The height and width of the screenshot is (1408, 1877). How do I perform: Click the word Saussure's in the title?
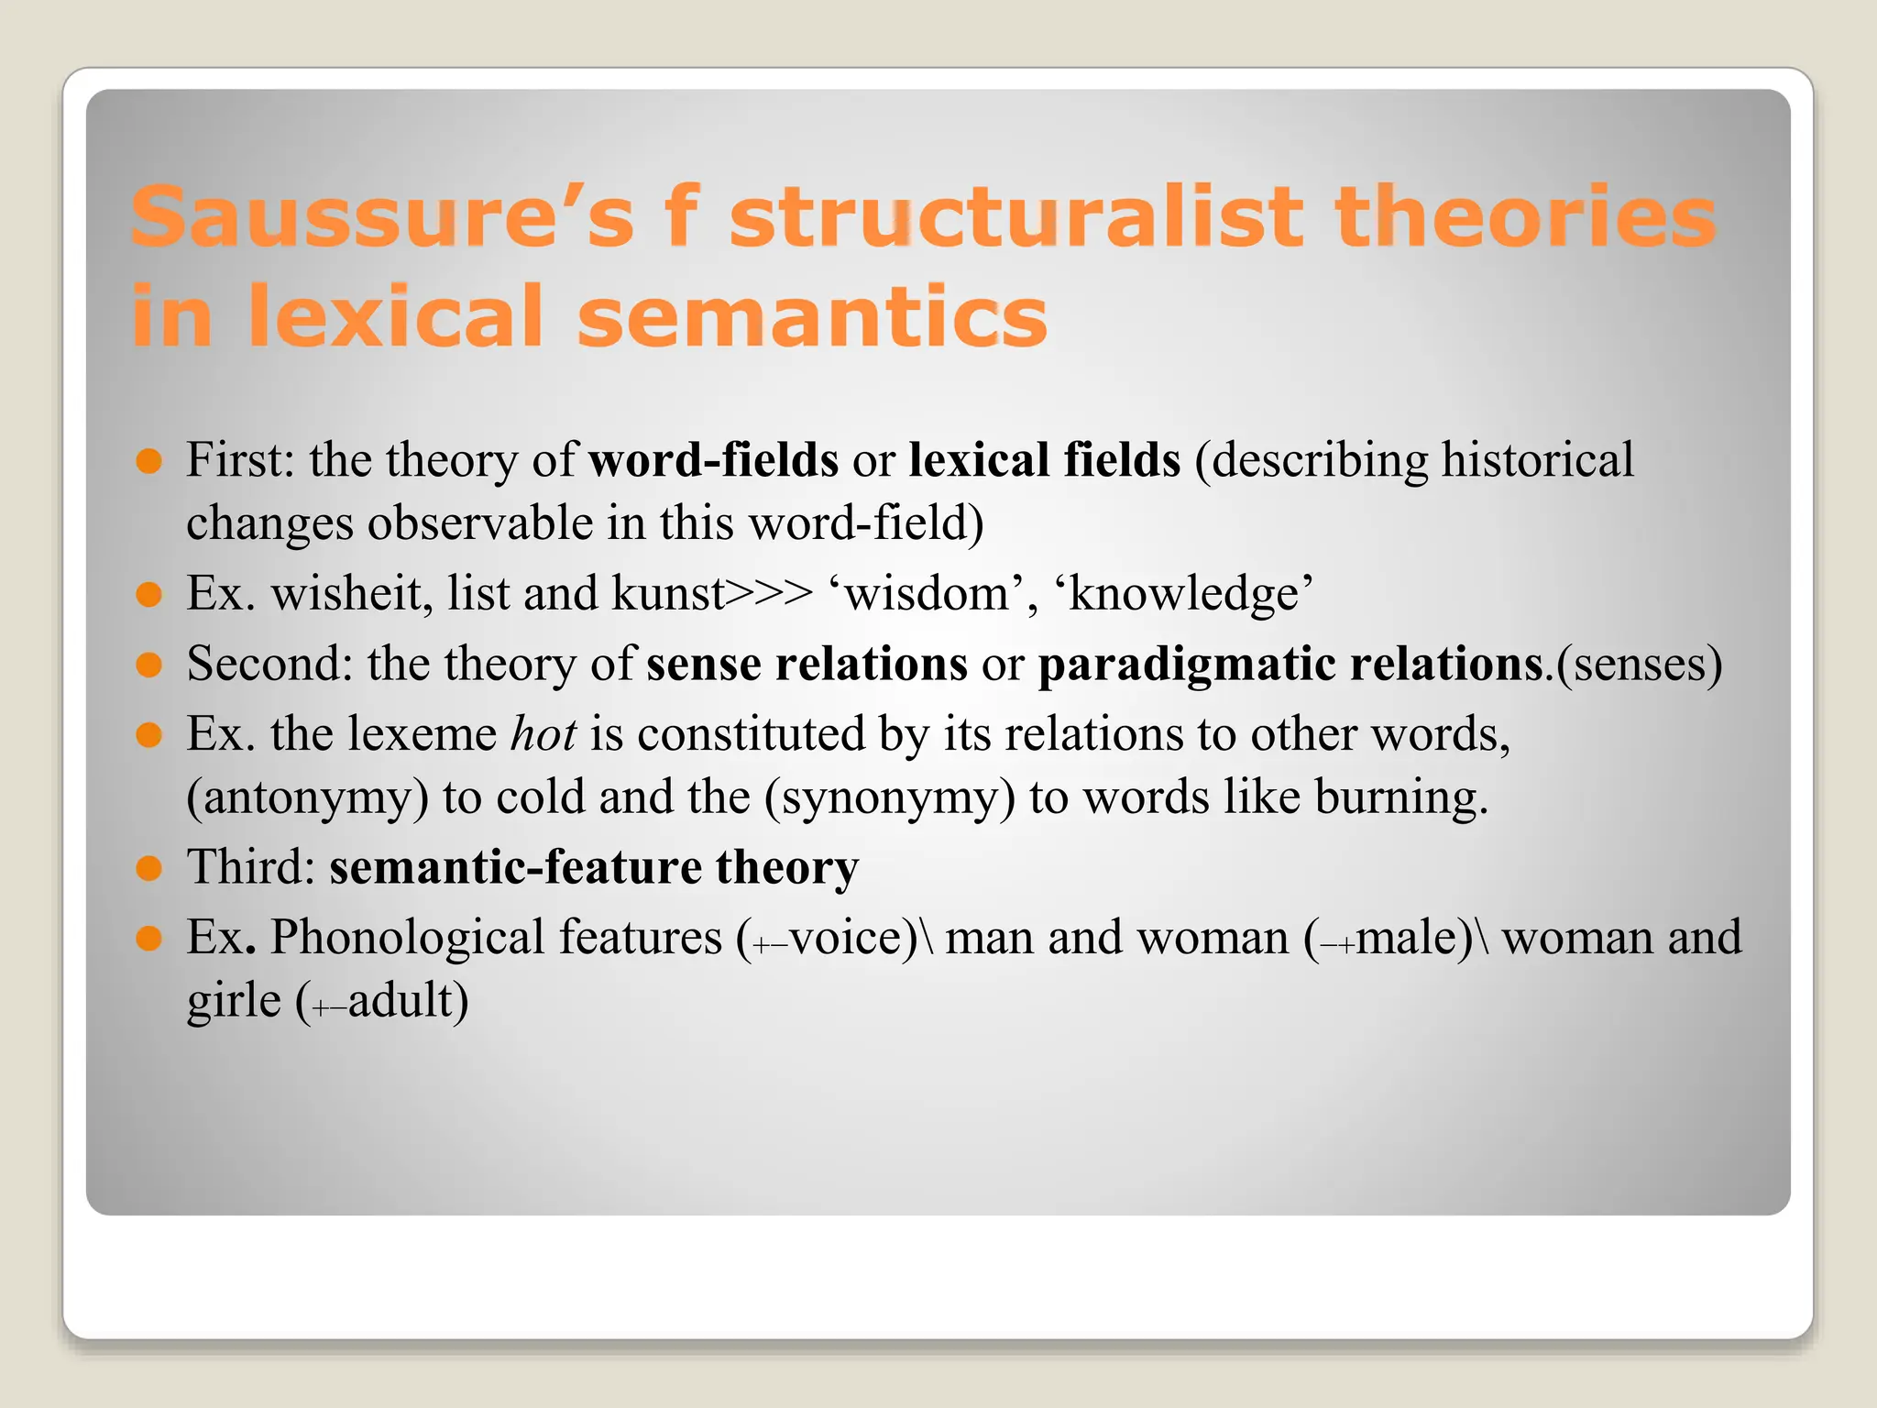[x=381, y=216]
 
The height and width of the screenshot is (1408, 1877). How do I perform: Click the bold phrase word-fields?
[x=713, y=460]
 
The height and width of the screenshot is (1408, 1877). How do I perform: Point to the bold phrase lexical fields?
[x=1044, y=460]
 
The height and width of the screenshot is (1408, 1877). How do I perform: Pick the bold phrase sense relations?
[x=807, y=664]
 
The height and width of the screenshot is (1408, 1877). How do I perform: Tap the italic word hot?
[x=543, y=734]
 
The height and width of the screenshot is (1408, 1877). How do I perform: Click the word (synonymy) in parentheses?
[x=889, y=797]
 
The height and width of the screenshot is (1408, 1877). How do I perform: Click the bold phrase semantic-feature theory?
[x=594, y=867]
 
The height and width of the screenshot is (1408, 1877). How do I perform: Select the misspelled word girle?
[x=234, y=1000]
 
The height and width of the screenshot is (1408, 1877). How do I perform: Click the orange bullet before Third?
[x=148, y=867]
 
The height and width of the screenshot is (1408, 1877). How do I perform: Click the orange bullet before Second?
[x=148, y=664]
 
